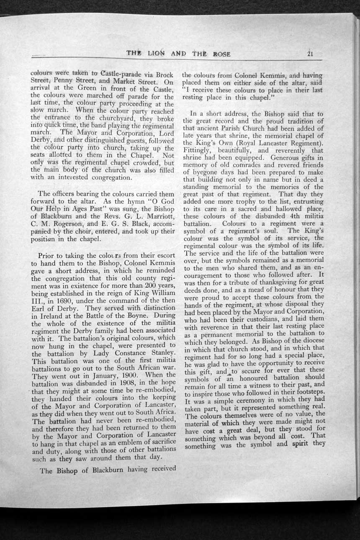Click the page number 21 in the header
pyautogui.click(x=310, y=54)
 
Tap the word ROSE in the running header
pyautogui.click(x=221, y=54)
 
